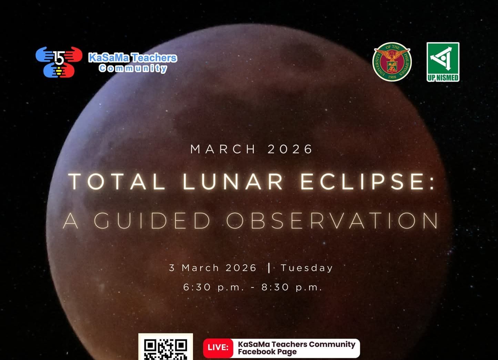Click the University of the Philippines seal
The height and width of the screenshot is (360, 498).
392,62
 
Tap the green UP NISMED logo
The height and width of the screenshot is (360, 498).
443,62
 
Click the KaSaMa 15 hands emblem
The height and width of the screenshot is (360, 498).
59,62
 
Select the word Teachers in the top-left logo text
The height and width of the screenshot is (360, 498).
154,58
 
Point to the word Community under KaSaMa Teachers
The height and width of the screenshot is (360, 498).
133,68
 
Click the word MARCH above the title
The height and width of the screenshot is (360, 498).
223,149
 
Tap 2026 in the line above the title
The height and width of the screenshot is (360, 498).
290,149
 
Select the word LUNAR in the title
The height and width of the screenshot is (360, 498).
233,182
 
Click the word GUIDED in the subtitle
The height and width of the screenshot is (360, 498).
152,220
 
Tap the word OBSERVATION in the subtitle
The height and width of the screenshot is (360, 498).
333,220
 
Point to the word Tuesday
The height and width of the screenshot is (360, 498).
307,268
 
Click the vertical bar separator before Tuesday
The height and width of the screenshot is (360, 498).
269,268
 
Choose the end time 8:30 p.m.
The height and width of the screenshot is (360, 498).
292,287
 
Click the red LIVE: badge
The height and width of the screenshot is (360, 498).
218,347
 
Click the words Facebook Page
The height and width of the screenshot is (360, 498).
267,352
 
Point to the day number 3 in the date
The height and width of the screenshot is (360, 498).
172,268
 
